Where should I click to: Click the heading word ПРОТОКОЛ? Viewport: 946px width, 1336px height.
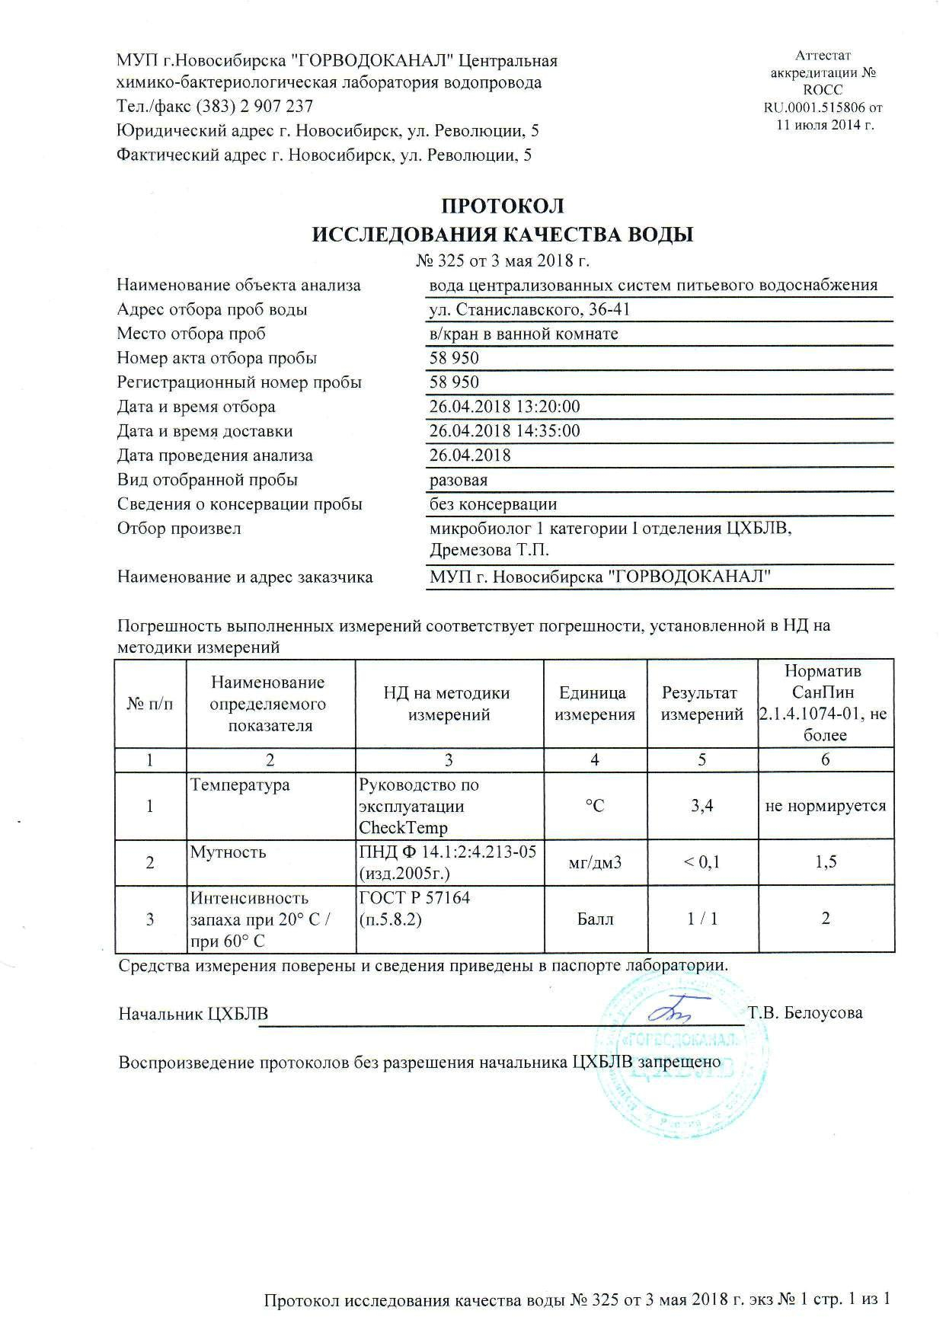tap(503, 206)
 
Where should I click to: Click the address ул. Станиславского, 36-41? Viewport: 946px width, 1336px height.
tap(529, 310)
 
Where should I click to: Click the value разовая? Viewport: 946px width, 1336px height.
tap(459, 481)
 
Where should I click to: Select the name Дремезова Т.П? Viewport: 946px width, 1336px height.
tap(489, 551)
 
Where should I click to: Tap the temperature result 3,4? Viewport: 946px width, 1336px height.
tap(702, 806)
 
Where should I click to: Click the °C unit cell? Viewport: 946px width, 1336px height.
tap(594, 806)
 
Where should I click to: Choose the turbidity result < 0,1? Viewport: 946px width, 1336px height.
tap(702, 862)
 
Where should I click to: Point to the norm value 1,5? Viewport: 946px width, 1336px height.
tap(826, 862)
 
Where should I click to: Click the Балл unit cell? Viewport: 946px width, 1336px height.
tap(594, 919)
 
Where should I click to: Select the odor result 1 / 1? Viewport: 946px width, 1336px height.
tap(702, 919)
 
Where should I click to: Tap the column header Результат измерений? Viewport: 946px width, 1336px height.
tap(702, 704)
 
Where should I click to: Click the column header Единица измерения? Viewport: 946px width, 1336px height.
tap(594, 704)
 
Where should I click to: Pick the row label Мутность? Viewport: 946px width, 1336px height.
tap(229, 852)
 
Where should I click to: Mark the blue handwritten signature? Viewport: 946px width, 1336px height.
tap(675, 1011)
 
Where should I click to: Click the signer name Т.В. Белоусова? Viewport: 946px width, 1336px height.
tap(805, 1014)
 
